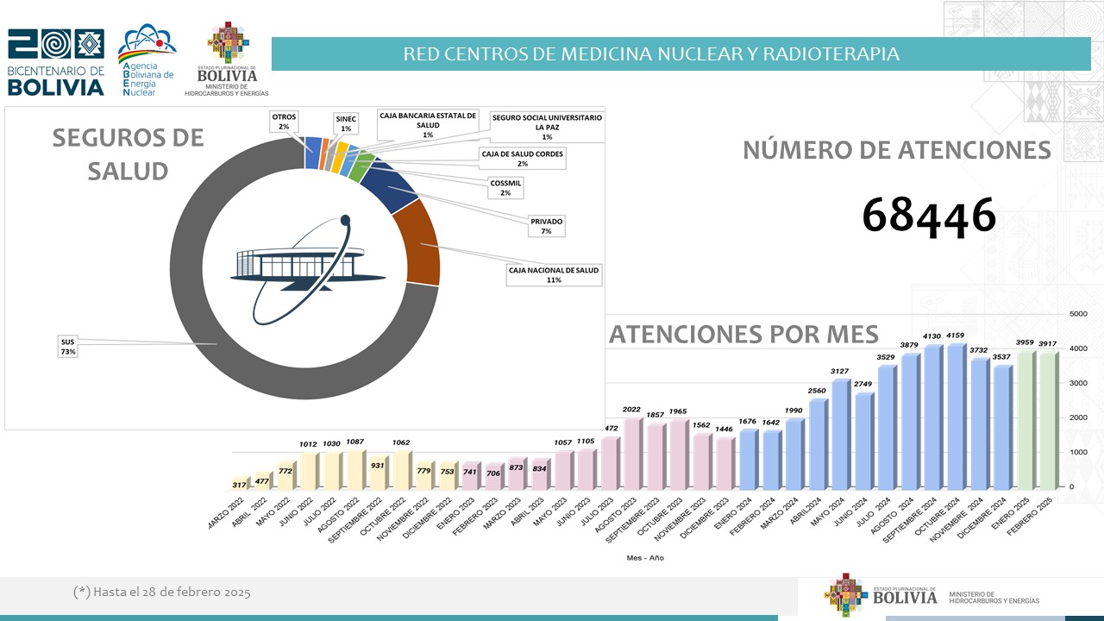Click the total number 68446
click(929, 215)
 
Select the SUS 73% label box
click(68, 348)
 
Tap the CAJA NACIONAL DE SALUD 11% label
click(554, 275)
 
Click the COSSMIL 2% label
click(505, 188)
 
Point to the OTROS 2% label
click(284, 121)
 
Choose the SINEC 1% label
click(345, 122)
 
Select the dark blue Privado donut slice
click(385, 185)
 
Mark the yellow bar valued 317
click(239, 485)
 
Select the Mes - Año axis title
click(645, 558)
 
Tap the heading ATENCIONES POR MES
click(743, 334)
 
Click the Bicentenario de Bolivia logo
click(55, 62)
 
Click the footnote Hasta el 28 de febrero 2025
click(162, 593)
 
